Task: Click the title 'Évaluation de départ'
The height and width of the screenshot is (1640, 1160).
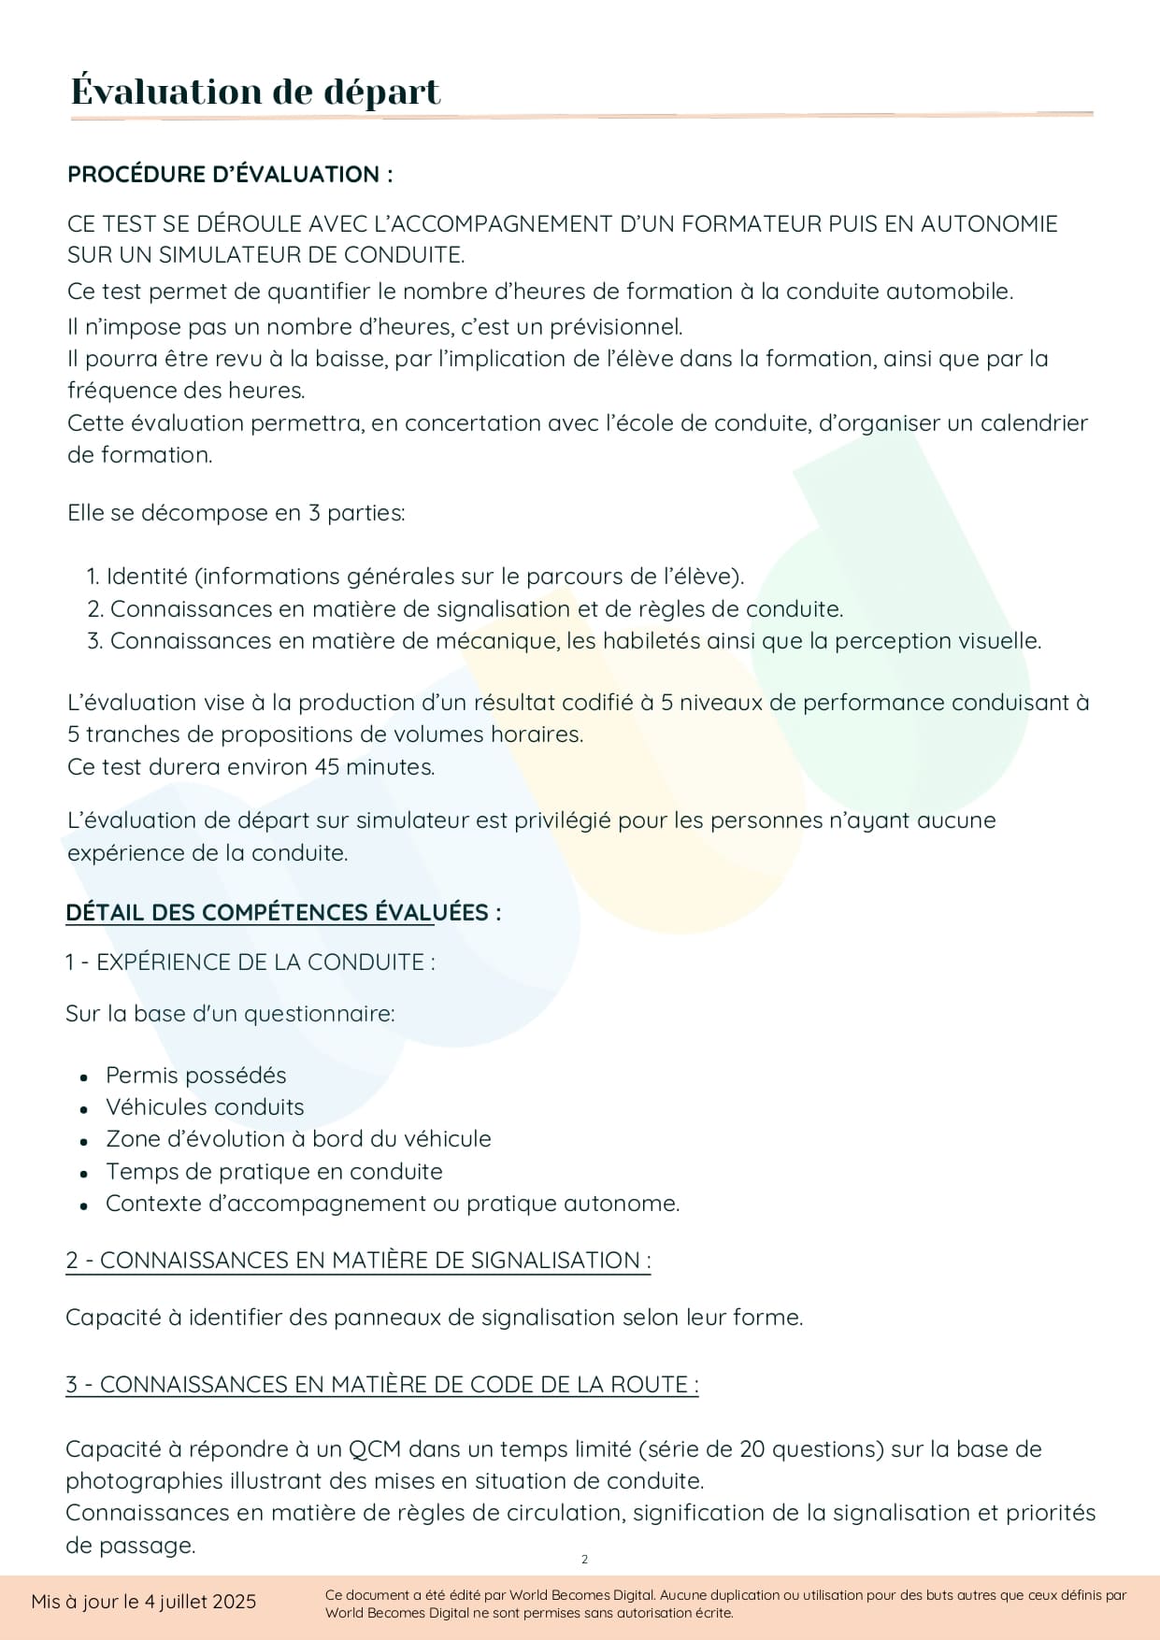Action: pyautogui.click(x=255, y=92)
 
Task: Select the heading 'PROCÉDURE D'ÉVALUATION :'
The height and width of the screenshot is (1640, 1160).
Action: pyautogui.click(x=230, y=175)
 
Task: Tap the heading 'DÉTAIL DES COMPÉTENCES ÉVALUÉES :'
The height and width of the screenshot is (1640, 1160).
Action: pyautogui.click(x=282, y=912)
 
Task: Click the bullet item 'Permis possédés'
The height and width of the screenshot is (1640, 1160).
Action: pyautogui.click(x=195, y=1076)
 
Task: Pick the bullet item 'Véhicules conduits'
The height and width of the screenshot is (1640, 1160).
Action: pyautogui.click(x=205, y=1107)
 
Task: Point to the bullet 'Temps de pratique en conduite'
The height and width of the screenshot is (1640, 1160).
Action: pyautogui.click(x=274, y=1172)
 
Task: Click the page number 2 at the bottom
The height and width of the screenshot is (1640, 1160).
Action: pyautogui.click(x=585, y=1559)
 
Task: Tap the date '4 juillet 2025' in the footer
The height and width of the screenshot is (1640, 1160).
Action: pyautogui.click(x=200, y=1602)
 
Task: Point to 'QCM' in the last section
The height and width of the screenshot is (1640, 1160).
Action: pyautogui.click(x=375, y=1449)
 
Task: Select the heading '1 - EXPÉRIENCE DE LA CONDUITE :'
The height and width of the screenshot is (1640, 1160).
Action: pyautogui.click(x=250, y=963)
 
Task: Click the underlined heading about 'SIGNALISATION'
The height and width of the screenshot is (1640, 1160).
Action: pyautogui.click(x=358, y=1261)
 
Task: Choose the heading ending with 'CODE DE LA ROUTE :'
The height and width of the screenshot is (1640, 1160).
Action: pyautogui.click(x=381, y=1385)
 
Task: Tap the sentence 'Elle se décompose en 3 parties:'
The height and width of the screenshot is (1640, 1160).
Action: pyautogui.click(x=236, y=513)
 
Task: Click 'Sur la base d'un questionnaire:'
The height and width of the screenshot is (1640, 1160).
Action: pyautogui.click(x=230, y=1014)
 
